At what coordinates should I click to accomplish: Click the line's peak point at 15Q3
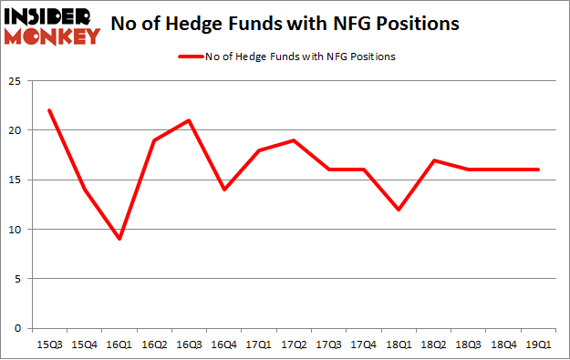(x=50, y=110)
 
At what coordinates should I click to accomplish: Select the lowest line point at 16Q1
(x=119, y=239)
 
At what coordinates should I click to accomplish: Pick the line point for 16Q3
(x=189, y=120)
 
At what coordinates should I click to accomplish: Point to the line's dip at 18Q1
(x=397, y=210)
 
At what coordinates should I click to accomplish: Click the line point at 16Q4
(x=223, y=190)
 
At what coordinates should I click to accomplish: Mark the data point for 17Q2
(x=293, y=140)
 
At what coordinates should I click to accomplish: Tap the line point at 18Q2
(x=431, y=160)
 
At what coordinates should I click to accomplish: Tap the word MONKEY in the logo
(x=54, y=36)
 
